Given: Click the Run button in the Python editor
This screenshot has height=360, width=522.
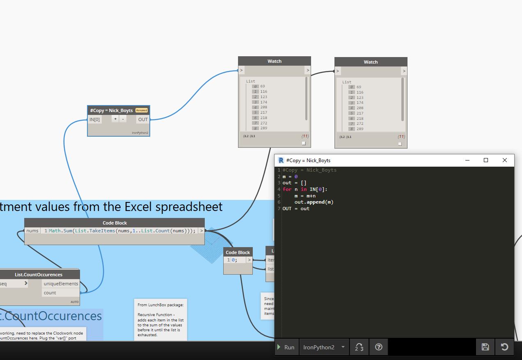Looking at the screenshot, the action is pyautogui.click(x=286, y=347).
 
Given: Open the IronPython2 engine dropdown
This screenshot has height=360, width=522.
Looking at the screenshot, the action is pyautogui.click(x=324, y=347).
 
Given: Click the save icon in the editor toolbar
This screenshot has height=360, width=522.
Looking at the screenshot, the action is pyautogui.click(x=485, y=347).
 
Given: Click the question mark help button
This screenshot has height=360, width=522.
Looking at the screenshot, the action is pyautogui.click(x=378, y=347).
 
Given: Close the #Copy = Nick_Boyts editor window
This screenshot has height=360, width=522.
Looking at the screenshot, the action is pyautogui.click(x=505, y=160).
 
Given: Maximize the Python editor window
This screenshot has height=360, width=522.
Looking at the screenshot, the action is pyautogui.click(x=486, y=160).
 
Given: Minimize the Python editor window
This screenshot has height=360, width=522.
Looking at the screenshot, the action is pyautogui.click(x=467, y=160).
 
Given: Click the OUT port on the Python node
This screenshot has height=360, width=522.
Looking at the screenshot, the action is pyautogui.click(x=143, y=119).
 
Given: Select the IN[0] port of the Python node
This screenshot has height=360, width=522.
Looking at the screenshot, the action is pyautogui.click(x=95, y=119).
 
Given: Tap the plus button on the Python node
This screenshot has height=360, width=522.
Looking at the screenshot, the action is pyautogui.click(x=115, y=119).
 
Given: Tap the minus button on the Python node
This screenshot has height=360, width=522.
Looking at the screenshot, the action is pyautogui.click(x=123, y=119).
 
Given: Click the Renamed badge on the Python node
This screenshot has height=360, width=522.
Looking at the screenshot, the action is pyautogui.click(x=141, y=110).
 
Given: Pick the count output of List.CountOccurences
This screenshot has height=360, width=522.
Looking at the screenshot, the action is pyautogui.click(x=50, y=293).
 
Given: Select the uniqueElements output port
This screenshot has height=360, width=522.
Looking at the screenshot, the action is pyautogui.click(x=60, y=284).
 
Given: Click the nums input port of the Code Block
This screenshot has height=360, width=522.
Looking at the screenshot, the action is pyautogui.click(x=32, y=231).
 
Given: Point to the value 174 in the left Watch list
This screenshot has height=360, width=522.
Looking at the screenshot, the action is pyautogui.click(x=263, y=102).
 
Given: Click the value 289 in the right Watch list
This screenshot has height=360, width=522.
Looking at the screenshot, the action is pyautogui.click(x=360, y=129).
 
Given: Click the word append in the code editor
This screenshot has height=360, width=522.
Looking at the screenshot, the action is pyautogui.click(x=316, y=202).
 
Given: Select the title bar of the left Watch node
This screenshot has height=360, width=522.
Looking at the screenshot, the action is pyautogui.click(x=274, y=61).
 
